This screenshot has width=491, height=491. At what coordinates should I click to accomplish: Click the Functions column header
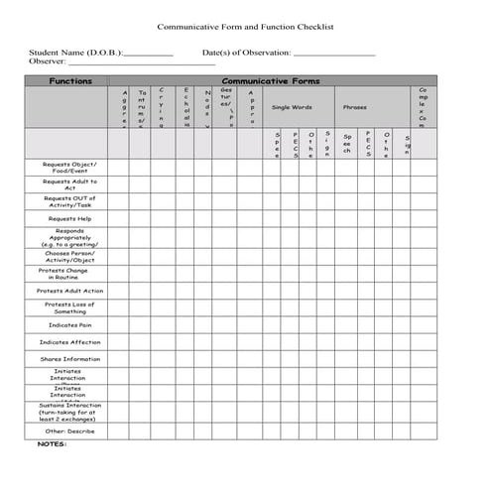[x=70, y=80]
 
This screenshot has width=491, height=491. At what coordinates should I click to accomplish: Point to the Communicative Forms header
[x=270, y=80]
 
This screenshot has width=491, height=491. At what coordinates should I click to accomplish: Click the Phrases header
[x=355, y=107]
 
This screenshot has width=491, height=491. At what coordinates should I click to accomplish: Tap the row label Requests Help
[x=70, y=218]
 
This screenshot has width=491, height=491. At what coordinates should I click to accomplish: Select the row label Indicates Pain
[x=70, y=324]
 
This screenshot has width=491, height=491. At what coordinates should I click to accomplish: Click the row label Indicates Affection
[x=70, y=342]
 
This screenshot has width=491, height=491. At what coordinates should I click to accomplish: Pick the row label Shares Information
[x=70, y=359]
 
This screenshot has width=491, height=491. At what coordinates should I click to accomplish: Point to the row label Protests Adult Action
[x=70, y=291]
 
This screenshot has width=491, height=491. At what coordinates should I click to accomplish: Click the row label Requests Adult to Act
[x=70, y=184]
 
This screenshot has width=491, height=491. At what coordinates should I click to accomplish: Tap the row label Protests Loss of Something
[x=70, y=307]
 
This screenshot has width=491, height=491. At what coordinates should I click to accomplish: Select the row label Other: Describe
[x=70, y=430]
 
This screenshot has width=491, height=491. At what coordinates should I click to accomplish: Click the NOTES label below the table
[x=52, y=444]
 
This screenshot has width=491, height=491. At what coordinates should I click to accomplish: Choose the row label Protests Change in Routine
[x=64, y=273]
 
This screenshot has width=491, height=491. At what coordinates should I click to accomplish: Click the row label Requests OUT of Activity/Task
[x=70, y=201]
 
